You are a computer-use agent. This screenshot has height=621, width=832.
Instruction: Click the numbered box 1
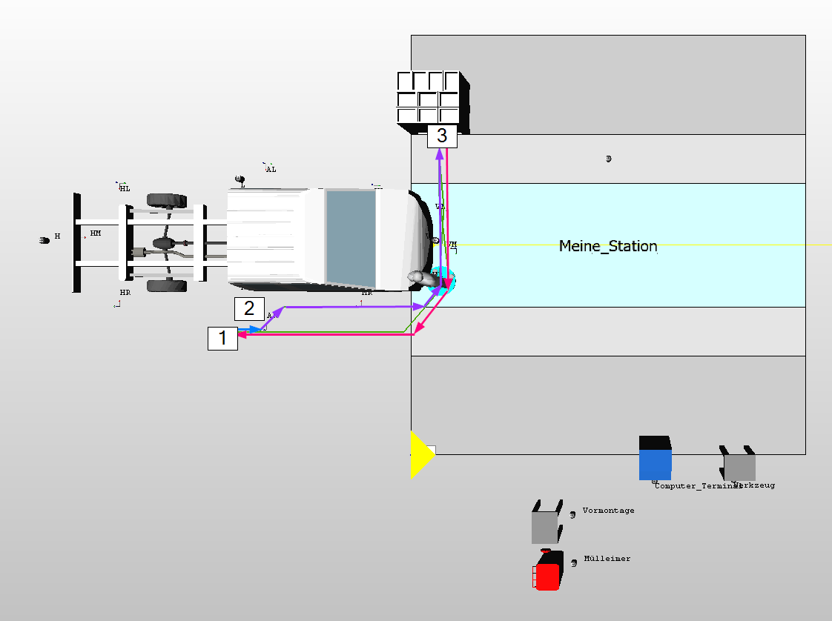click(x=222, y=338)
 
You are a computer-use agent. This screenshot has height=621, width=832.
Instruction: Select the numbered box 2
click(x=249, y=308)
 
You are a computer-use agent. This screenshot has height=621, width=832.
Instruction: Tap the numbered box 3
click(x=442, y=136)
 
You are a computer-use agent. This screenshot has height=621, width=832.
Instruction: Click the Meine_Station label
click(x=608, y=246)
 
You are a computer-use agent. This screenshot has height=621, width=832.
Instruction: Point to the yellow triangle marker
click(x=420, y=455)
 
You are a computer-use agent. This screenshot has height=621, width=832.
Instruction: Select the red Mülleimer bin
click(x=547, y=575)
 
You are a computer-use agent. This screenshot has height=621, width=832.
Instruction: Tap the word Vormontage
click(x=608, y=511)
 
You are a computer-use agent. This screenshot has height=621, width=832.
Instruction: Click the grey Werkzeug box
click(x=739, y=467)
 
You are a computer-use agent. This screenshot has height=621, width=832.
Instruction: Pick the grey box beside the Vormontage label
click(x=545, y=526)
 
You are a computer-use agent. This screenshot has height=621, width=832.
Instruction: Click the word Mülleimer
click(x=607, y=559)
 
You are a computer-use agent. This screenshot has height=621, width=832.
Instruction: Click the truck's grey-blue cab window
click(x=351, y=237)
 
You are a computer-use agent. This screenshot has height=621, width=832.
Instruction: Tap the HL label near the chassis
click(x=125, y=189)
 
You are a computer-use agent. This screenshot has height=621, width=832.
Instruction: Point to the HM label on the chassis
click(x=95, y=233)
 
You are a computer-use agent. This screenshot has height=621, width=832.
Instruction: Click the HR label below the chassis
click(x=125, y=293)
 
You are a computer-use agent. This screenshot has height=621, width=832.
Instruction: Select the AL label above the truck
click(x=271, y=169)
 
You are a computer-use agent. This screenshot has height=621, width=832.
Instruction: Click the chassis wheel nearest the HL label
click(x=166, y=199)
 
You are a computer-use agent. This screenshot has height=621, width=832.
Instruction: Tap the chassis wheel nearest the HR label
click(x=166, y=285)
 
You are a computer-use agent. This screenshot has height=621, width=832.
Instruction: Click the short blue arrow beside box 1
click(x=249, y=329)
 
